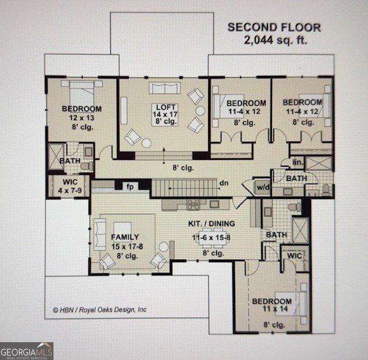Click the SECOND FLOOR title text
pyautogui.click(x=274, y=27)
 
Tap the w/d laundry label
pyautogui.click(x=263, y=187)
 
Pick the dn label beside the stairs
pyautogui.click(x=224, y=183)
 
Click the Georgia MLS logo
pyautogui.click(x=26, y=350)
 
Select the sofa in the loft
pyautogui.click(x=164, y=87)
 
